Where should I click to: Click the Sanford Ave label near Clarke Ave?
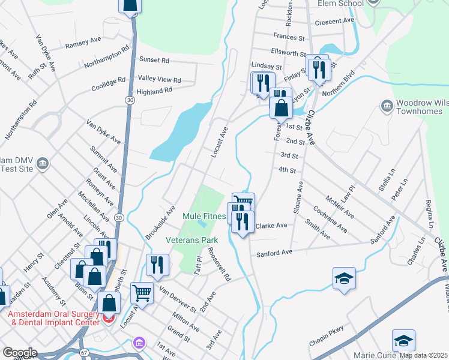(274, 252)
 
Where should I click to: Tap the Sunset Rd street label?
(154, 61)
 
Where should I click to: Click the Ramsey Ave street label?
(83, 43)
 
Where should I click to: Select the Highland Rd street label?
(154, 91)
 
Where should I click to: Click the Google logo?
(20, 353)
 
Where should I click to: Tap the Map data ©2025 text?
(424, 355)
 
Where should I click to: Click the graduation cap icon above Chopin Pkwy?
(345, 278)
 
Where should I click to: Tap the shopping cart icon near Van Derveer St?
(142, 293)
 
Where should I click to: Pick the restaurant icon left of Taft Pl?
(157, 265)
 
